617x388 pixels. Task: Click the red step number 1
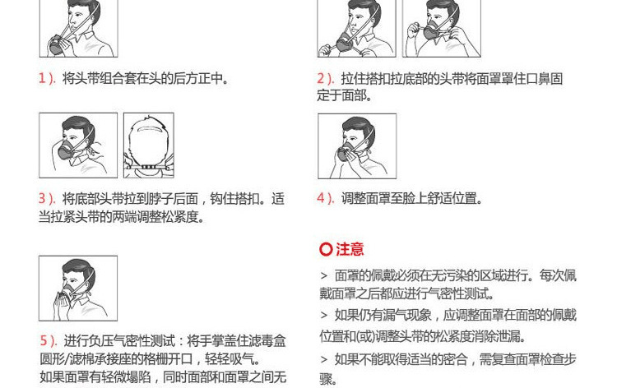(42, 79)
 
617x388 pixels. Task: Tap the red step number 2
(321, 79)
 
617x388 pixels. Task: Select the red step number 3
(42, 198)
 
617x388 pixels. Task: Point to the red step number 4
(321, 198)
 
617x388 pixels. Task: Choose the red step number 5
(44, 340)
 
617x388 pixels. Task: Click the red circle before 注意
(326, 249)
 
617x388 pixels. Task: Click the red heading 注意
(350, 249)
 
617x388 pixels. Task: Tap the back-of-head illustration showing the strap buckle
(149, 145)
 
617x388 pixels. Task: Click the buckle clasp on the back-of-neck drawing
(149, 168)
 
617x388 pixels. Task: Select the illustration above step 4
(357, 146)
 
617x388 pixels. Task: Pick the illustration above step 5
(78, 289)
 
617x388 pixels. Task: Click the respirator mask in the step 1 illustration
(59, 45)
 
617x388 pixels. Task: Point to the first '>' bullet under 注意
(324, 276)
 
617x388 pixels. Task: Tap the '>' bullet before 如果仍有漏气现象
(324, 316)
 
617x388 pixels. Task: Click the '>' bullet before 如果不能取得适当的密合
(324, 359)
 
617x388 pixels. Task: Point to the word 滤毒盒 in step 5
(267, 340)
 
